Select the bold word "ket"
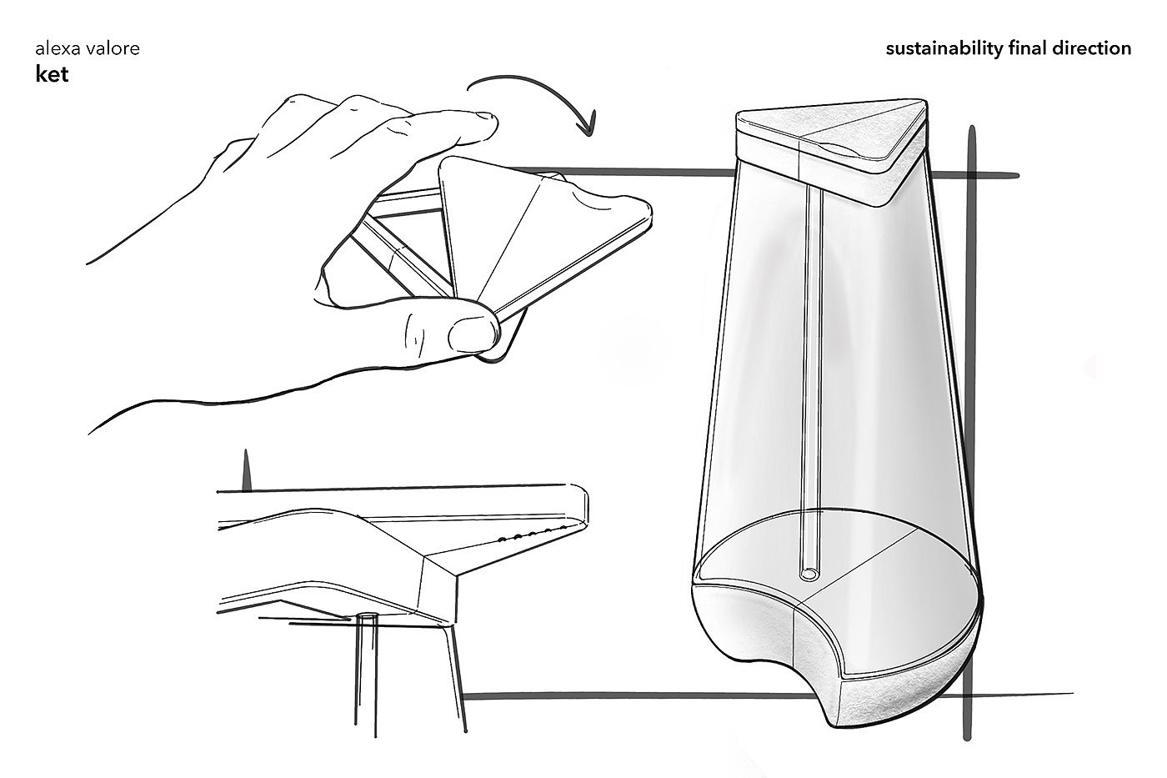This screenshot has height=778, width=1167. [x=52, y=74]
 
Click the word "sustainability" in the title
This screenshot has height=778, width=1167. [x=944, y=49]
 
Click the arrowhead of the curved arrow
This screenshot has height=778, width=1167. [x=587, y=125]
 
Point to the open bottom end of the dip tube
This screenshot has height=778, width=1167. [x=809, y=575]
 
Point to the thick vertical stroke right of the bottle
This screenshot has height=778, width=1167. [x=970, y=433]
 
